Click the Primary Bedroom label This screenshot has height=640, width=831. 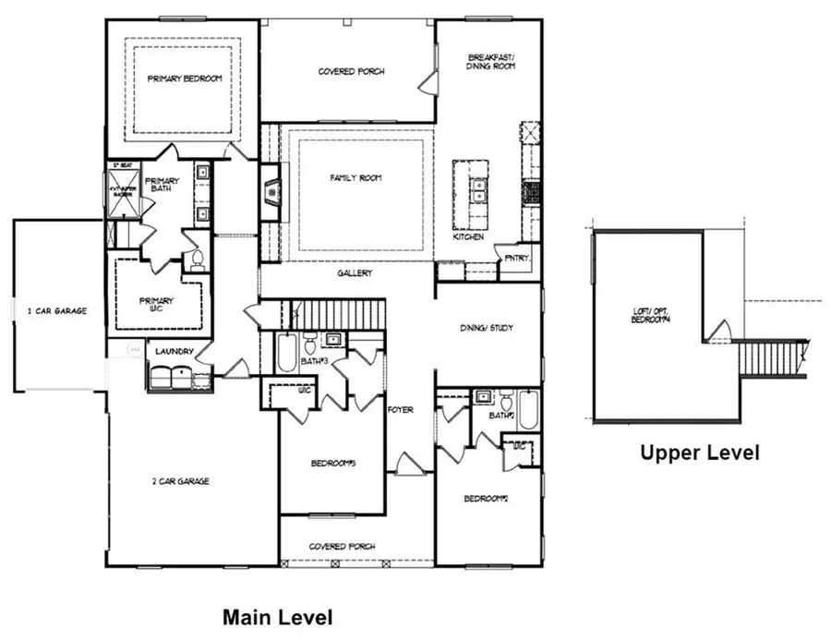pos(185,79)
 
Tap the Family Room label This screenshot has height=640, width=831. pos(356,178)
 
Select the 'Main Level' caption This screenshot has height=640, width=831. pos(278,616)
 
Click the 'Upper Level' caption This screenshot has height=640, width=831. pos(701,453)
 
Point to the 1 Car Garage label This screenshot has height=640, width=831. pos(57,311)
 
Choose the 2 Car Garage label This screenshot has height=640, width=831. pos(181,481)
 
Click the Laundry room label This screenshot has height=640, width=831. pos(174,351)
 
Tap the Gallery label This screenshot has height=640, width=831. pos(355,273)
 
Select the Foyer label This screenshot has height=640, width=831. pos(400,409)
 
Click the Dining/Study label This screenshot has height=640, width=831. pos(487,328)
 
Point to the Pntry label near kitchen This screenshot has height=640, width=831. pos(516,259)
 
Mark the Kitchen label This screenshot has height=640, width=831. pos(468,237)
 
